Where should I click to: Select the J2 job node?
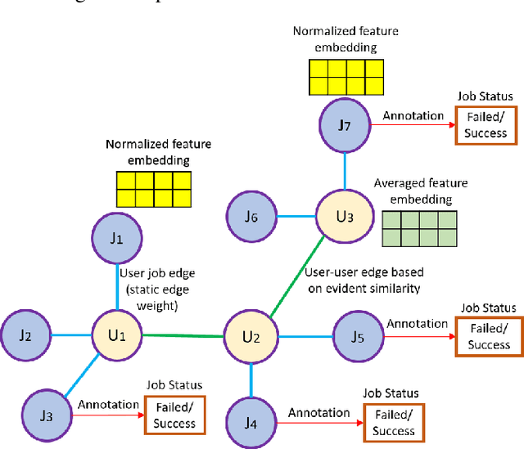click(27, 335)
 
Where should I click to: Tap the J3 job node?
click(46, 415)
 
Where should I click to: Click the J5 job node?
click(357, 335)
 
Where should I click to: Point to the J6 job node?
click(251, 217)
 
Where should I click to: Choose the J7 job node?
click(345, 125)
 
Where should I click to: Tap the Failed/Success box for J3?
click(174, 416)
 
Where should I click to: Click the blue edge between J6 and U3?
click(297, 217)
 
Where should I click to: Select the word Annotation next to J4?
click(319, 413)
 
